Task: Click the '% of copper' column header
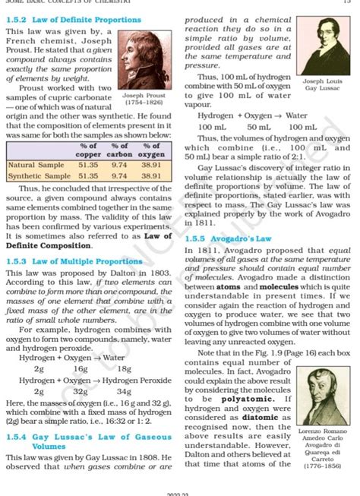tap(88, 150)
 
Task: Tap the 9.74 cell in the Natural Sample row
tap(118, 164)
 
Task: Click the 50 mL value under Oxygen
tap(257, 127)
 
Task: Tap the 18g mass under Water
tap(124, 368)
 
